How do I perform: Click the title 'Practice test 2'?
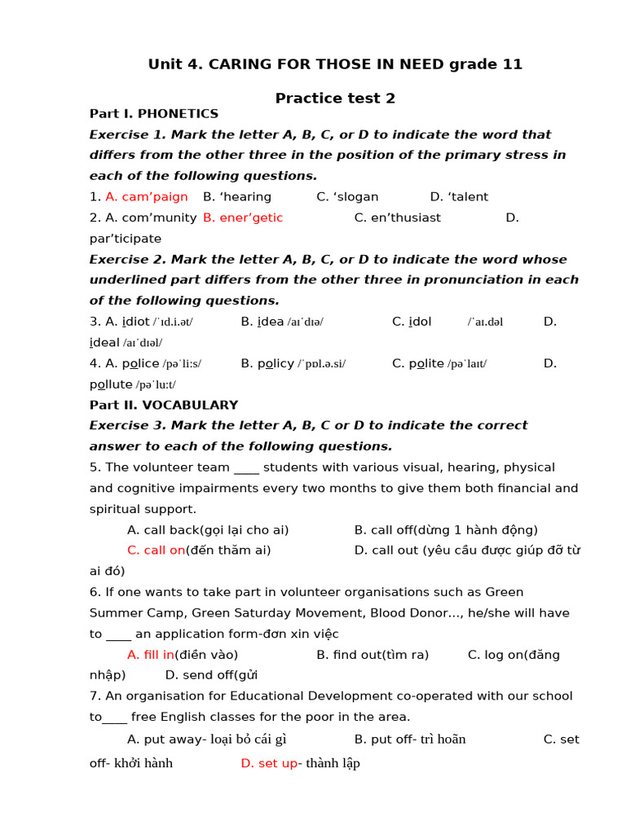[x=335, y=99]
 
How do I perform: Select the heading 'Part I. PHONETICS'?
[x=154, y=114]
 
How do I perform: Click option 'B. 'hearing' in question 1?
[x=237, y=197]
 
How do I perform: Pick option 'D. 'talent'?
[x=459, y=197]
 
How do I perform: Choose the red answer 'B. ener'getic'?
[x=243, y=217]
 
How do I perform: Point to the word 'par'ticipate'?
[x=126, y=239]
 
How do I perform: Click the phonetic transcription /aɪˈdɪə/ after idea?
[x=305, y=322]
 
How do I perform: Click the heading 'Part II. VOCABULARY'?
[x=164, y=405]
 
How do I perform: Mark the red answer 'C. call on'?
[x=156, y=551]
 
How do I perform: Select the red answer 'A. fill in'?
[x=151, y=655]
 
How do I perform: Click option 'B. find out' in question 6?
[x=348, y=655]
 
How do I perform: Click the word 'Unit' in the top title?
[x=165, y=64]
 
